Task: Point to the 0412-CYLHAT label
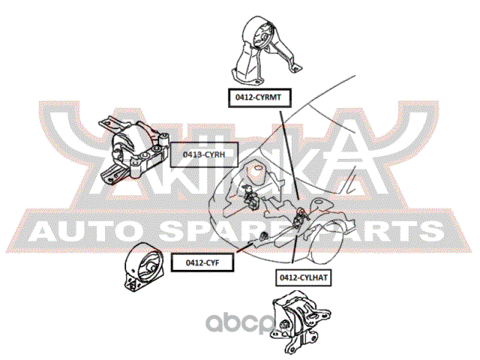(304, 277)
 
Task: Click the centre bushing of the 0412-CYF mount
(148, 265)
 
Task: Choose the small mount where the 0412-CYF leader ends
(263, 238)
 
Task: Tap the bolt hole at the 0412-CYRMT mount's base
(254, 83)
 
